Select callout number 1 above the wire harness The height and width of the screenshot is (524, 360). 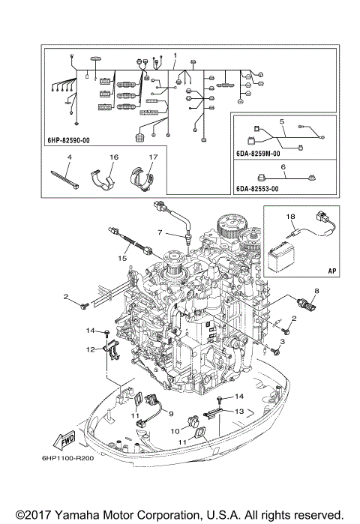(175, 55)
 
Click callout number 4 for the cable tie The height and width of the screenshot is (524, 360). (68, 157)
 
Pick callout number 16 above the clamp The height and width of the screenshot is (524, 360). (115, 157)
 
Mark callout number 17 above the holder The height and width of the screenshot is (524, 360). (152, 157)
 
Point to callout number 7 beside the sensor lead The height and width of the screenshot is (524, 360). (160, 232)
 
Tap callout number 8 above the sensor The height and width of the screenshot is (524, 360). (316, 290)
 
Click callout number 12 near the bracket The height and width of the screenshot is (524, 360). (88, 349)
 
